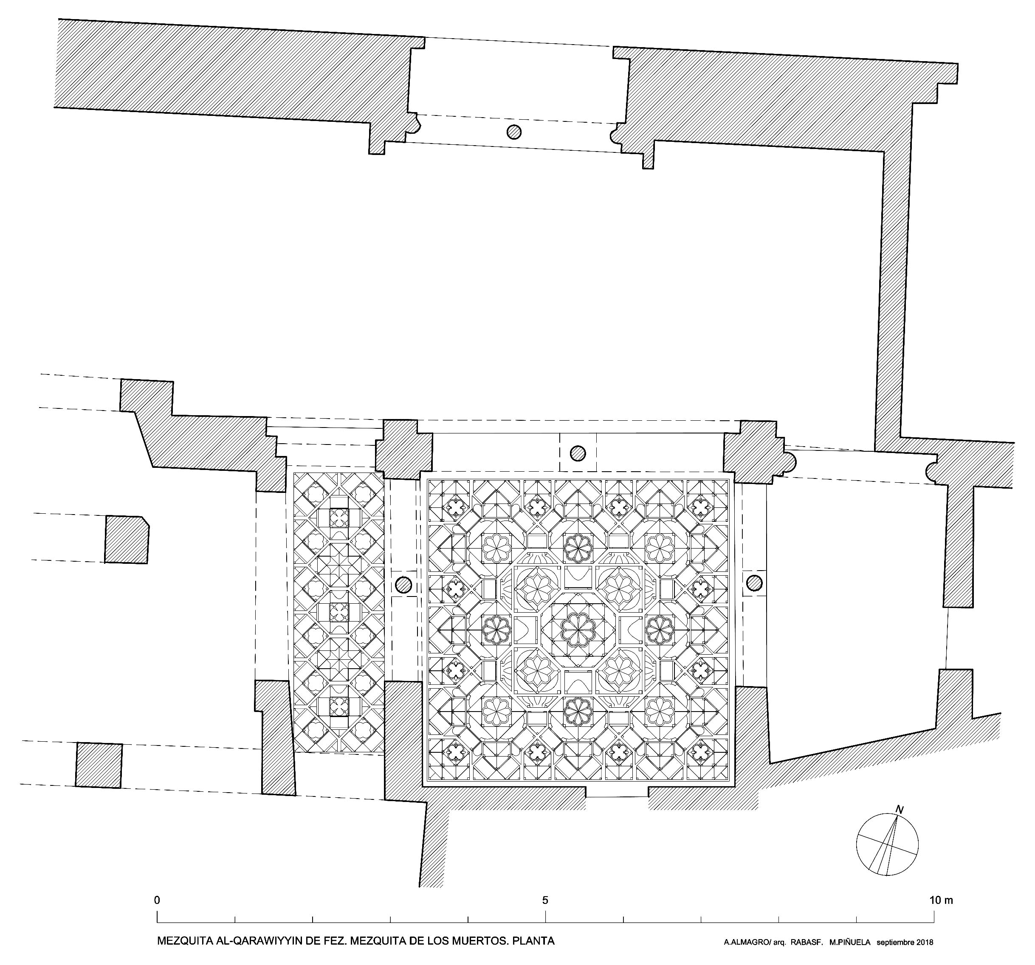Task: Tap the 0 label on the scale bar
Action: point(158,900)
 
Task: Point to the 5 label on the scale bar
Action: point(545,900)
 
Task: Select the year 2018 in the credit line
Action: point(922,942)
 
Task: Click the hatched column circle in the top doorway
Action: point(514,132)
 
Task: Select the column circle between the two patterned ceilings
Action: point(403,585)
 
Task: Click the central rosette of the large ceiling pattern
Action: point(577,629)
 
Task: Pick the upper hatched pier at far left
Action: point(127,539)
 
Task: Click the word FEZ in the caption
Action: point(334,941)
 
